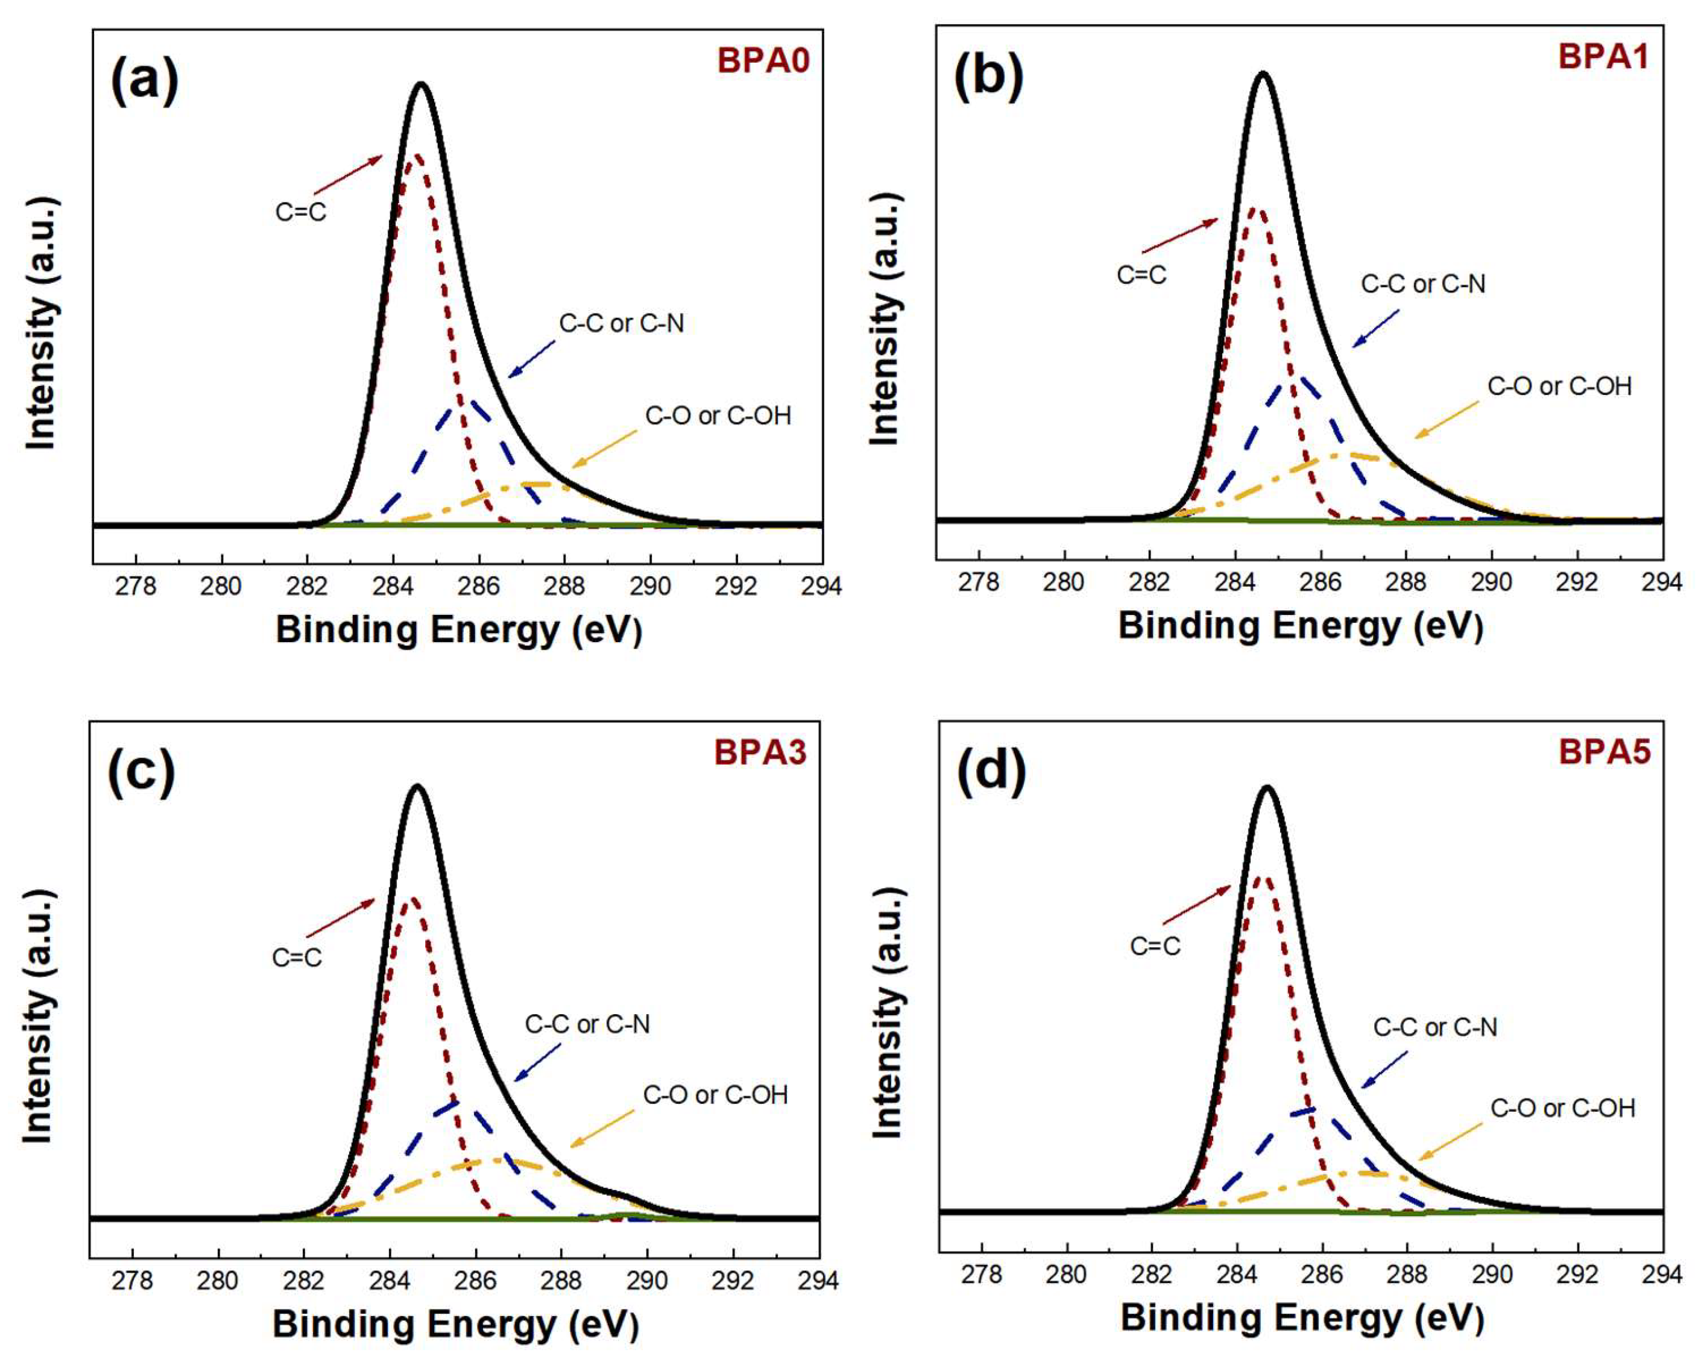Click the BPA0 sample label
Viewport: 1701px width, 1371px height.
click(763, 61)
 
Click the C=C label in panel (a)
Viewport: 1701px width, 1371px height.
click(301, 212)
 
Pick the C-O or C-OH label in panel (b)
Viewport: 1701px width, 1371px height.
click(1559, 386)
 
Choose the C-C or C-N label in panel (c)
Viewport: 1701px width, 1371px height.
click(587, 1024)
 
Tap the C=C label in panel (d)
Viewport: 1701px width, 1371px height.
click(1155, 946)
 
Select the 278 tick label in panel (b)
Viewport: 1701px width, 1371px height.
click(979, 582)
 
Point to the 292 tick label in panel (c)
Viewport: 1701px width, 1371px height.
click(733, 1280)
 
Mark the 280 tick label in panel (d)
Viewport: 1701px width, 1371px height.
click(1067, 1275)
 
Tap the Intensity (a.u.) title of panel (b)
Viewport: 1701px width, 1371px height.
click(885, 319)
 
